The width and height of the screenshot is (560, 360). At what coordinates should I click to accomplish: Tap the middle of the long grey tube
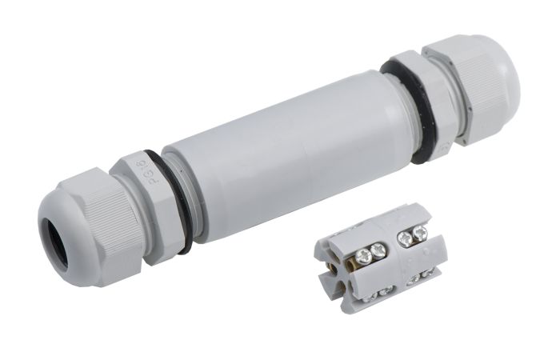[x=288, y=156]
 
